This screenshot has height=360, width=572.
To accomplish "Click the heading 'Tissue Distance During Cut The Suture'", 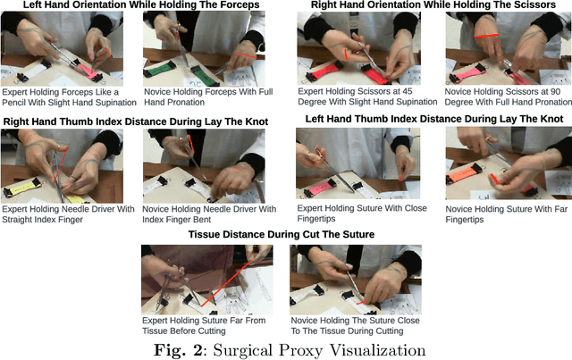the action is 282,234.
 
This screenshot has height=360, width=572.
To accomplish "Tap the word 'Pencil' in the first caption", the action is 14,103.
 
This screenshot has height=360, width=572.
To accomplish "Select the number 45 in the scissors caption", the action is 408,91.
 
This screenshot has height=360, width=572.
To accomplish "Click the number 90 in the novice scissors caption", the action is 555,91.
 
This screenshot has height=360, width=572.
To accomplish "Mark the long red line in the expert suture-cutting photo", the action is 225,284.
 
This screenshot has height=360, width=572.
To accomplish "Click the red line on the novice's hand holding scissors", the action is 486,36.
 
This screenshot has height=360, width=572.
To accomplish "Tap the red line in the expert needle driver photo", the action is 61,165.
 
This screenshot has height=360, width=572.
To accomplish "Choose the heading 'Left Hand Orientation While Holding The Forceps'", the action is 141,4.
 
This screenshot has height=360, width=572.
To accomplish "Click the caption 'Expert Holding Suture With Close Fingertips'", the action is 362,213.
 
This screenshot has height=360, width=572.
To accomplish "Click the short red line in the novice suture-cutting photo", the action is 362,302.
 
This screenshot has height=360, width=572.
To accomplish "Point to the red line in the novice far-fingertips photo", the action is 494,179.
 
